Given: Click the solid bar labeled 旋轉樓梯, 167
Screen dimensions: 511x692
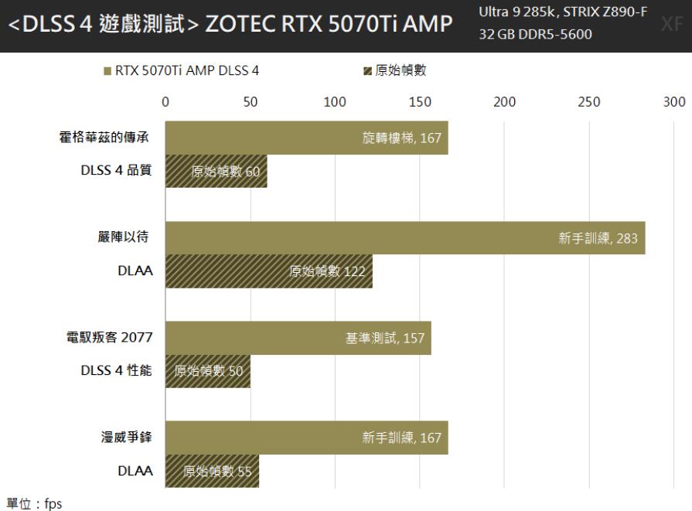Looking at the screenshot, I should point(306,138).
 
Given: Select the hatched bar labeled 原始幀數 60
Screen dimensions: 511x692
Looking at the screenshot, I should point(216,172).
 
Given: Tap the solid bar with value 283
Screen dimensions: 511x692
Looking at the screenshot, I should point(404,237).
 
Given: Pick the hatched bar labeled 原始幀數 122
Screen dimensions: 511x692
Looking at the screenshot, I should point(268,271).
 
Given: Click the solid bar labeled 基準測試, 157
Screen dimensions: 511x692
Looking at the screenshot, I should point(298,338).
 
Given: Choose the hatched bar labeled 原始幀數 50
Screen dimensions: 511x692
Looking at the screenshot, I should point(207,371).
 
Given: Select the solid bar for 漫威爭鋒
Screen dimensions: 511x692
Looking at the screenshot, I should point(306,438).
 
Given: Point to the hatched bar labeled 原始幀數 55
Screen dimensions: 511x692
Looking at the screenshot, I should point(212,471).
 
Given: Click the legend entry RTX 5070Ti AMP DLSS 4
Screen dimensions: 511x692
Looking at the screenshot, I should point(182,71).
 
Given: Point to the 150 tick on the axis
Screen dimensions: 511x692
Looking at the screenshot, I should point(420,102).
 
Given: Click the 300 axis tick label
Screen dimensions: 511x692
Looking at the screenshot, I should point(674,102).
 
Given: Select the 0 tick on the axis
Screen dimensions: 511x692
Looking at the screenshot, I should point(165,102).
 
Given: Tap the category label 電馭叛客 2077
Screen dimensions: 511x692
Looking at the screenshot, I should point(110,338).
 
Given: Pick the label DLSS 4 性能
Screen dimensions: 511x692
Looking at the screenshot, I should point(116,371).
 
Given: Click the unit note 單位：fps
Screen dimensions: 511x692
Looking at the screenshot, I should point(34,503).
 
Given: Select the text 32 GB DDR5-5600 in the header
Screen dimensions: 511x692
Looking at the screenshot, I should point(536,35).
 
